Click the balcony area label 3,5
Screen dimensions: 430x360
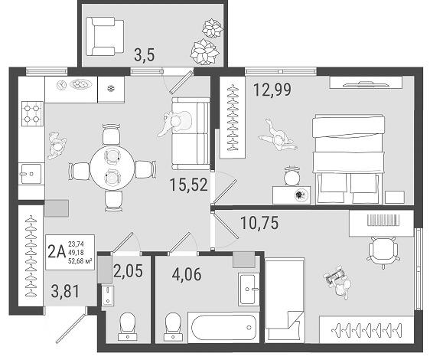145,54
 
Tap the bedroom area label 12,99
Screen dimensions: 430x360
272,90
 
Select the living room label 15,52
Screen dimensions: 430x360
189,185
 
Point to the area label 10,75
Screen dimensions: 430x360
259,223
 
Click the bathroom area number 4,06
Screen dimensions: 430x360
187,274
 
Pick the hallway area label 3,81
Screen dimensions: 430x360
65,291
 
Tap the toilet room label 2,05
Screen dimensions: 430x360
129,271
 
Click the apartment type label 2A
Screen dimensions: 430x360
57,252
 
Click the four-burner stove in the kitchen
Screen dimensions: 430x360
32,113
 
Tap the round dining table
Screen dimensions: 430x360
112,167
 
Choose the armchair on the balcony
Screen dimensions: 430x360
105,37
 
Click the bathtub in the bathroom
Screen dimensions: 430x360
223,327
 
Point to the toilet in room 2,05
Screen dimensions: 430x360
128,327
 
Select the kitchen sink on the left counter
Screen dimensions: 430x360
31,174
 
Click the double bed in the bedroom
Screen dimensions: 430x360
349,159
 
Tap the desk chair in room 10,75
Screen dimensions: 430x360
383,251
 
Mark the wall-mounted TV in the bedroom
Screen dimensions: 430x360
366,83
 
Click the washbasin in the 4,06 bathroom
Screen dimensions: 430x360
249,290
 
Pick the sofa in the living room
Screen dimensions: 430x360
191,133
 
